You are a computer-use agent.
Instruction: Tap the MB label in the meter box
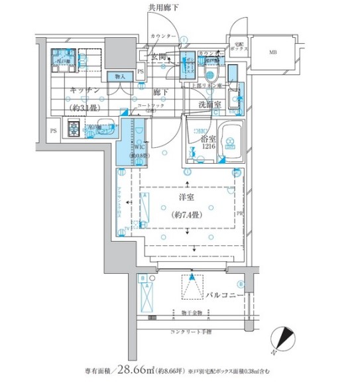tap(273, 52)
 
